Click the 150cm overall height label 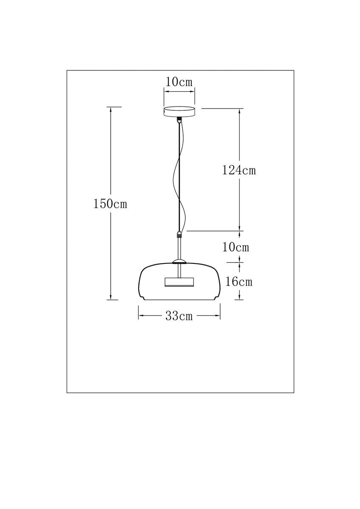click(110, 204)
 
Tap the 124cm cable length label click(239, 170)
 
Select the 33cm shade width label click(179, 316)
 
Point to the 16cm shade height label click(239, 281)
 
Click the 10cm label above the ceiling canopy click(179, 82)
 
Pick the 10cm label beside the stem click(236, 247)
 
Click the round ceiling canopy click(179, 111)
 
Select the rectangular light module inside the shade click(179, 282)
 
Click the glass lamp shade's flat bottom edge click(179, 299)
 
